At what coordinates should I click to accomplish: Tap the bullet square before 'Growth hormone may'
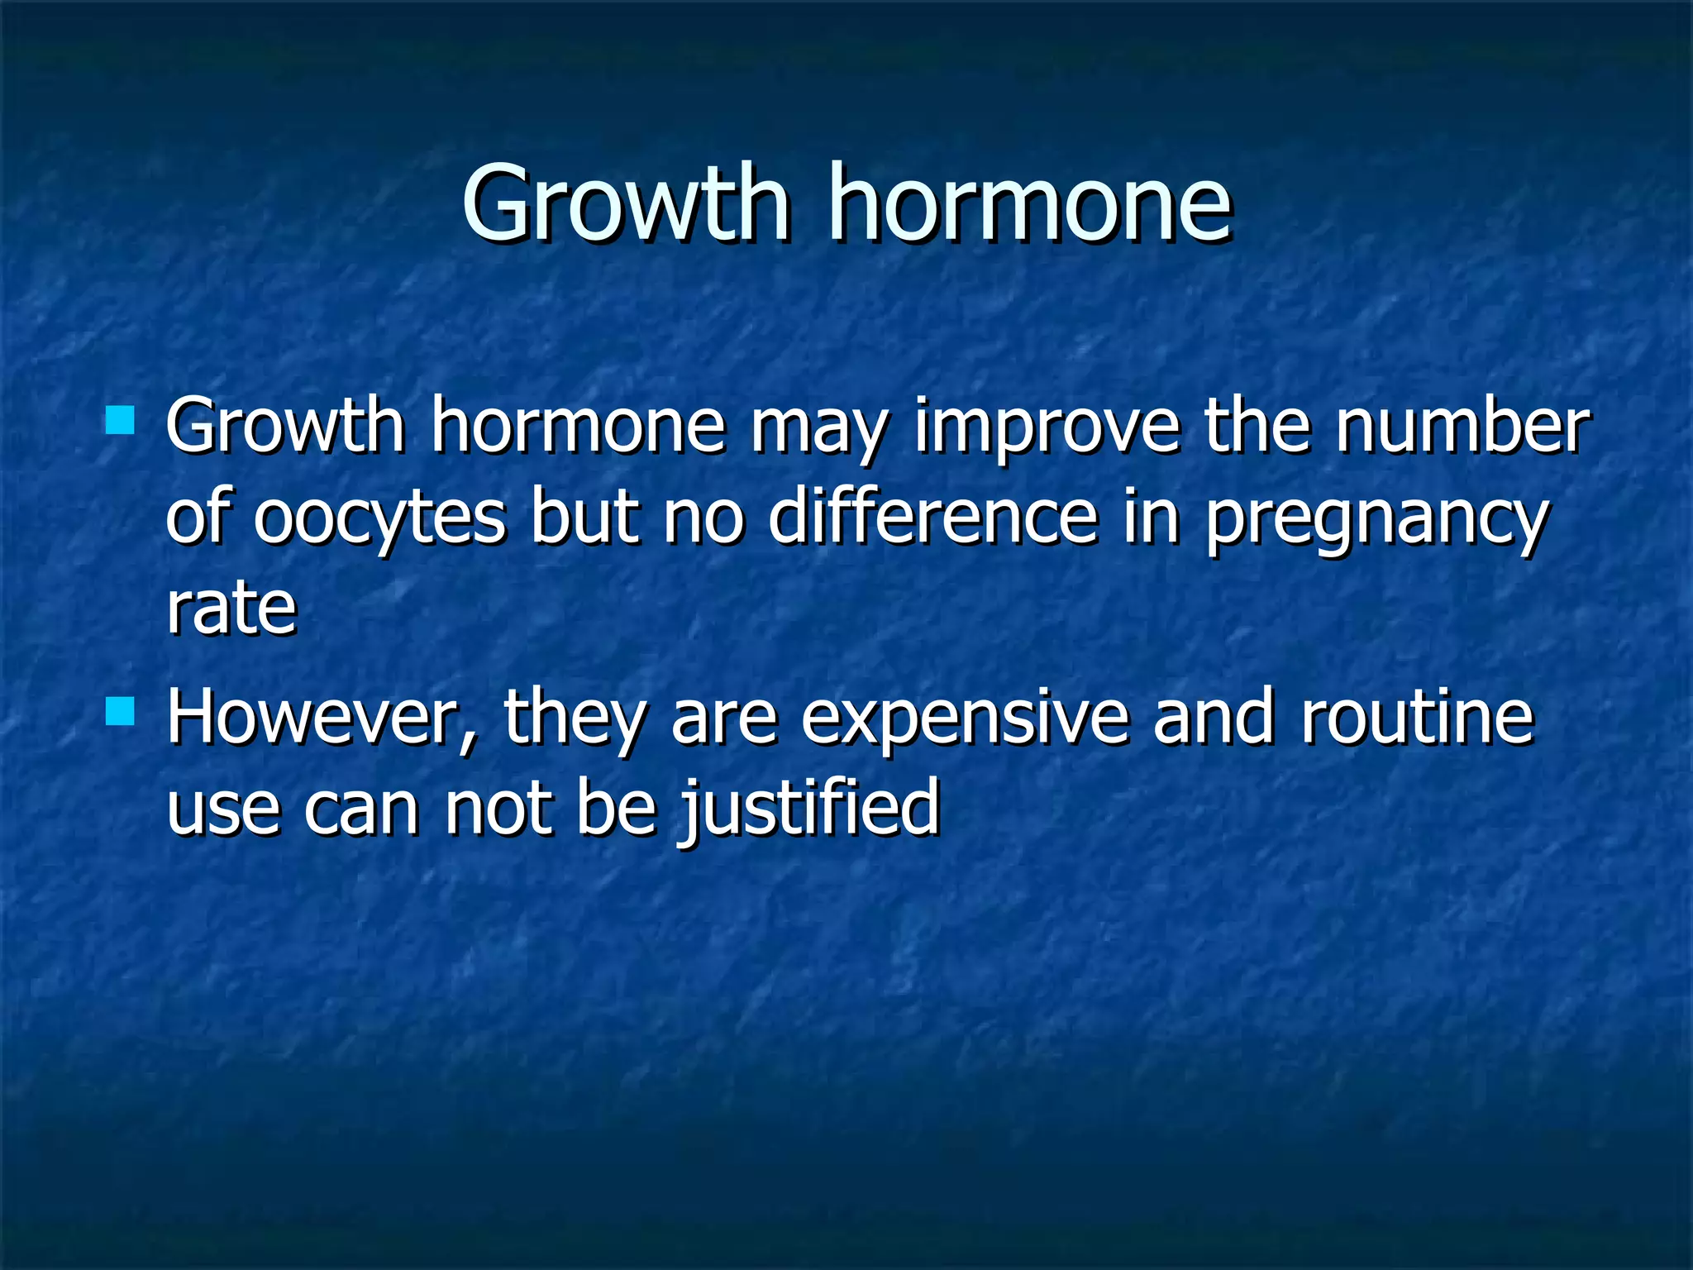(x=121, y=420)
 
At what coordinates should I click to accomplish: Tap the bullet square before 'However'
(x=121, y=710)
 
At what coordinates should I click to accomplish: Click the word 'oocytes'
(x=379, y=518)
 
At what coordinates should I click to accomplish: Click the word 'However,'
(x=323, y=718)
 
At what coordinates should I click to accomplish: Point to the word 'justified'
(x=811, y=809)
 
